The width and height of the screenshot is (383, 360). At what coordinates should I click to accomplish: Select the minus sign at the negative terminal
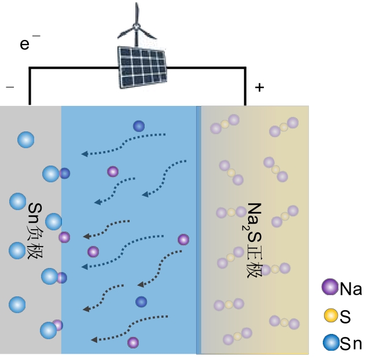(10, 87)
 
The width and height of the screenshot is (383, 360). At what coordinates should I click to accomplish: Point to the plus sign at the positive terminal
(259, 88)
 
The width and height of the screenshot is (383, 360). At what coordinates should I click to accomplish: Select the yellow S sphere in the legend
(330, 315)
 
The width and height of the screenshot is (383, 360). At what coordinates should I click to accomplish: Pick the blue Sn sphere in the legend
(330, 344)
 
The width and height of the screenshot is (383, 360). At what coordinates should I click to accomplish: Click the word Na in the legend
(351, 288)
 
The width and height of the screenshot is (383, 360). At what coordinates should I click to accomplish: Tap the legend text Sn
(351, 344)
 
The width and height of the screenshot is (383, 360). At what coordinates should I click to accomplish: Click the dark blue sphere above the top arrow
(139, 126)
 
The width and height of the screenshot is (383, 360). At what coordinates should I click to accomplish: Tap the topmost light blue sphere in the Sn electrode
(26, 139)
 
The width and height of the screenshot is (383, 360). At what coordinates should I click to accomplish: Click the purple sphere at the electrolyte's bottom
(133, 343)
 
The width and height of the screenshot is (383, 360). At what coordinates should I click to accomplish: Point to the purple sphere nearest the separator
(183, 240)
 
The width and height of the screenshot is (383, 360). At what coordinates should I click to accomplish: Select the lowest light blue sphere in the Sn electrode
(49, 330)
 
